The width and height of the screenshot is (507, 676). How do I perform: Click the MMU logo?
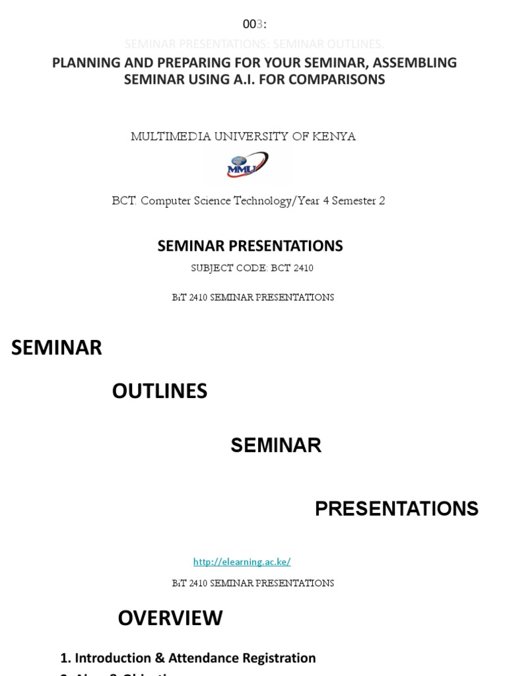coord(248,165)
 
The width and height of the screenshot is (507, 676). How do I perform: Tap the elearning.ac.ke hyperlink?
coord(242,562)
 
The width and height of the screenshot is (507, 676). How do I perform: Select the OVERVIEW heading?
coord(170,618)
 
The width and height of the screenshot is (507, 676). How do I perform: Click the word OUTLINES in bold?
coord(160,391)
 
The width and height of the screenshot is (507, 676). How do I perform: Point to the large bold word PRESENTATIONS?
coord(396,508)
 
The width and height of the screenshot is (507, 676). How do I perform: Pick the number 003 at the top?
coord(253,24)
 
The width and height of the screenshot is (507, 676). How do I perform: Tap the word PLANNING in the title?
coord(84,63)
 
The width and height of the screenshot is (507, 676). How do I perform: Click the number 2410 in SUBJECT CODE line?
coord(301,268)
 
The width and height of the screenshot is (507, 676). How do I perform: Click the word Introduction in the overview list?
coord(113,658)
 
